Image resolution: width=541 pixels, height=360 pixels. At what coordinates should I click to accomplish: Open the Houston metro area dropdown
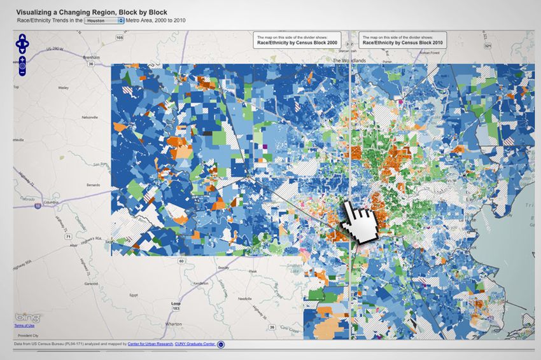(106, 20)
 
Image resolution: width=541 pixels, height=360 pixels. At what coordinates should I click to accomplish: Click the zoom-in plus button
(22, 59)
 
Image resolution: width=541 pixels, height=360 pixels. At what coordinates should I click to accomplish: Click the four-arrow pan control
(22, 44)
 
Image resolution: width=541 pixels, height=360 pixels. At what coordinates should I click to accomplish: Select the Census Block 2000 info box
(297, 41)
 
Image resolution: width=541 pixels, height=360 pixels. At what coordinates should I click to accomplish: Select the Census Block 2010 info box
(402, 41)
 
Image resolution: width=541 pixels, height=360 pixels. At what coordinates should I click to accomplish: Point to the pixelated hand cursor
(360, 223)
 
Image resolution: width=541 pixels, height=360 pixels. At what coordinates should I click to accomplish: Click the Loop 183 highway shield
(176, 306)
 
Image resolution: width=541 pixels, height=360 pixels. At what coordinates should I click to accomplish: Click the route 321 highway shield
(488, 46)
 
